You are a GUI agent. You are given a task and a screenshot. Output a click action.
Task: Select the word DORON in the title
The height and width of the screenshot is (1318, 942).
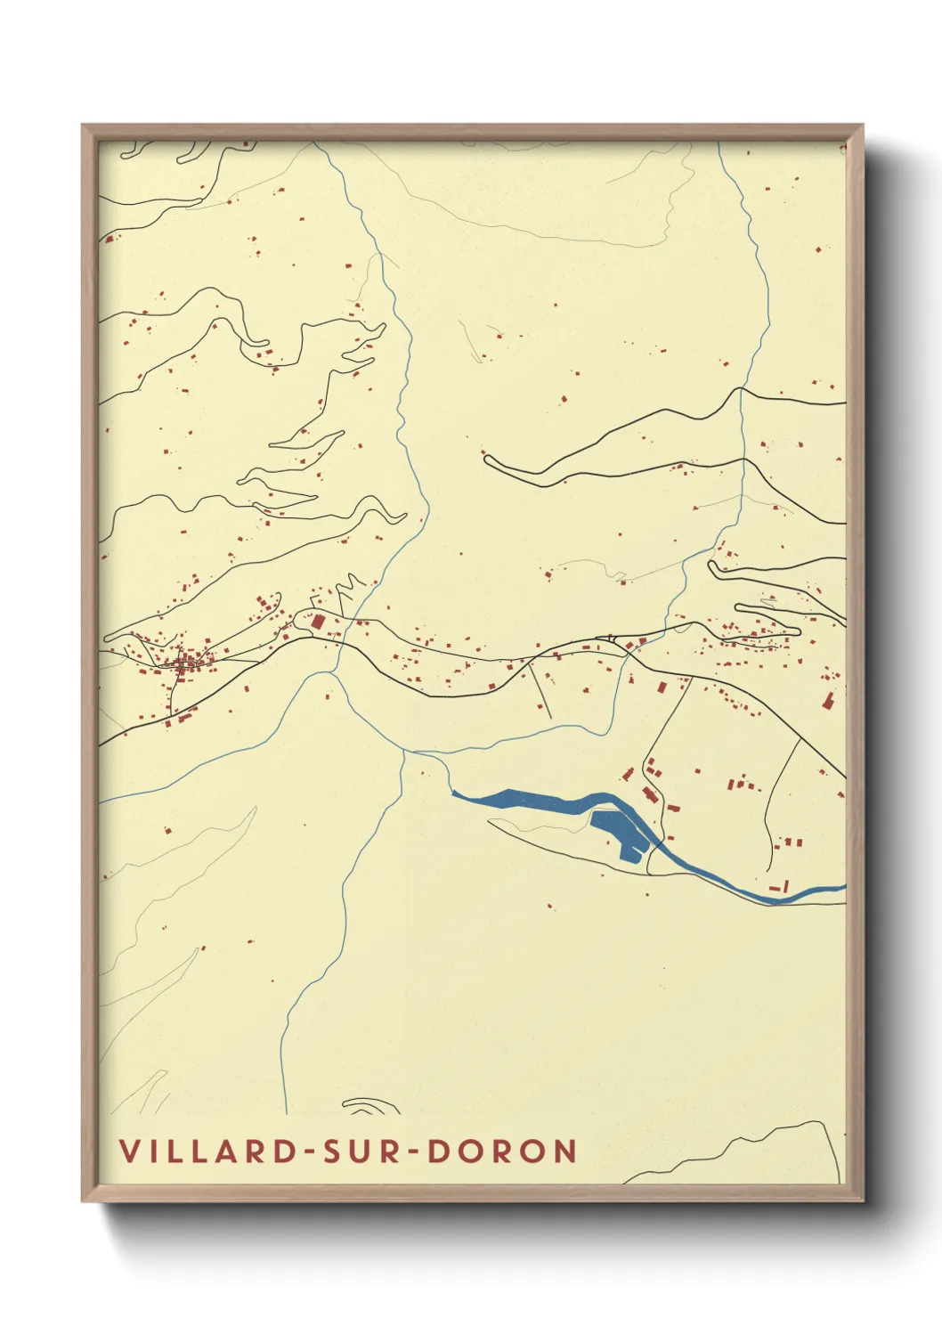point(503,1151)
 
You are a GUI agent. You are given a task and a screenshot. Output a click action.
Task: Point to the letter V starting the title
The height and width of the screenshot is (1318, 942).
point(130,1151)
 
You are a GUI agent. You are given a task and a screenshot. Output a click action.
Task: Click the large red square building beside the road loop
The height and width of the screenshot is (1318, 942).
point(318,622)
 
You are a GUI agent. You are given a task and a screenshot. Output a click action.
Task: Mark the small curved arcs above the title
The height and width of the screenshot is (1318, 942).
point(369,1106)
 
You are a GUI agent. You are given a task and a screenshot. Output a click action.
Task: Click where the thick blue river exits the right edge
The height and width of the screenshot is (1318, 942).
point(841,887)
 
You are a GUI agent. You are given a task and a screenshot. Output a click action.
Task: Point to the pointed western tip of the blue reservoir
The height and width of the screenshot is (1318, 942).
point(455,792)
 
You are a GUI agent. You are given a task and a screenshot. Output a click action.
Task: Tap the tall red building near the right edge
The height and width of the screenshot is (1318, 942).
point(827,701)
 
